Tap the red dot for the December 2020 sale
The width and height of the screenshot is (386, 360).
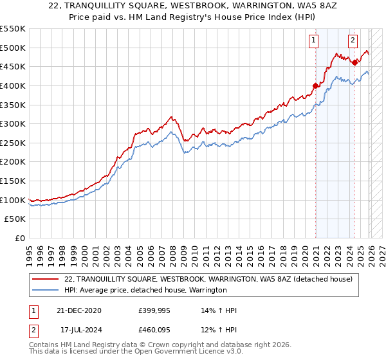point(315,85)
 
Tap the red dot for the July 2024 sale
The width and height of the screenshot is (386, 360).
point(354,62)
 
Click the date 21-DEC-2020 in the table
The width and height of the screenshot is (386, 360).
point(79,310)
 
